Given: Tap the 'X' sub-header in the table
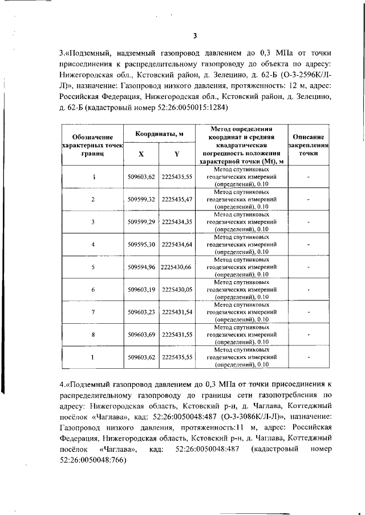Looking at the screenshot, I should tap(141, 154).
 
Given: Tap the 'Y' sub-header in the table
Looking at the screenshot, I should tap(177, 154).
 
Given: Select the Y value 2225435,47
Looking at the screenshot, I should tap(177, 199).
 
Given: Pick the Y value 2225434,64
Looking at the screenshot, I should tap(177, 244).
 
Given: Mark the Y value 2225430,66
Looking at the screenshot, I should tap(176, 266).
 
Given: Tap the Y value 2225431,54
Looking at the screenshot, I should tap(177, 312).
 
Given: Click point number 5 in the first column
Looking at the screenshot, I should tap(93, 266).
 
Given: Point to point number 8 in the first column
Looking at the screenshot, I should tap(93, 334).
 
